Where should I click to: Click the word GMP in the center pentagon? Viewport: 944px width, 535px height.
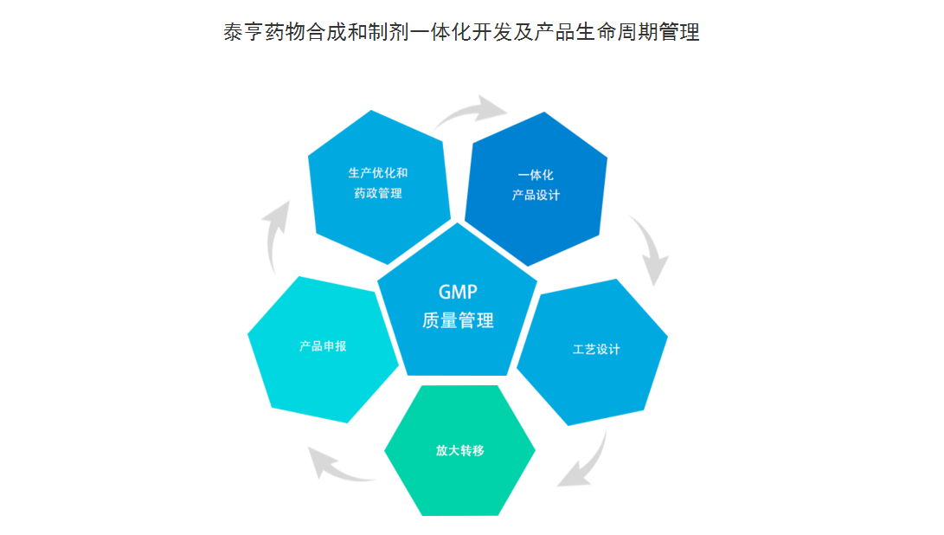pos(458,293)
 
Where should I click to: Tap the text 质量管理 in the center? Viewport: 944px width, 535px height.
pos(458,320)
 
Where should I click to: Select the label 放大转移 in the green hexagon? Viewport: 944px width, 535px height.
pos(460,451)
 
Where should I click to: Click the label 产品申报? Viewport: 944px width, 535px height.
pos(323,346)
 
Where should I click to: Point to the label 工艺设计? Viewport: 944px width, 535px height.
pos(596,350)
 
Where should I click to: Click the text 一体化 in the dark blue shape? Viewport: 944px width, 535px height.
pos(536,176)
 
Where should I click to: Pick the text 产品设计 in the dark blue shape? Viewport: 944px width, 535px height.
pos(536,195)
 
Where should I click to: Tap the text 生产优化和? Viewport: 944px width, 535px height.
pos(378,173)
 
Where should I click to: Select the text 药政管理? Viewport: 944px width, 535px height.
pos(378,193)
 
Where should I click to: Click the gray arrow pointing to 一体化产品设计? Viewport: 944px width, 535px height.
pos(470,110)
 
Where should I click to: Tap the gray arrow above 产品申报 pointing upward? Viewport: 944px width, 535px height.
pos(274,235)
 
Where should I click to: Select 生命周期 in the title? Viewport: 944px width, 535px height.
pos(617,32)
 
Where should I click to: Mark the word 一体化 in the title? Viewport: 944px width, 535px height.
pos(440,32)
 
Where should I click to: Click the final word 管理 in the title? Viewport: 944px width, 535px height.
pos(679,32)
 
